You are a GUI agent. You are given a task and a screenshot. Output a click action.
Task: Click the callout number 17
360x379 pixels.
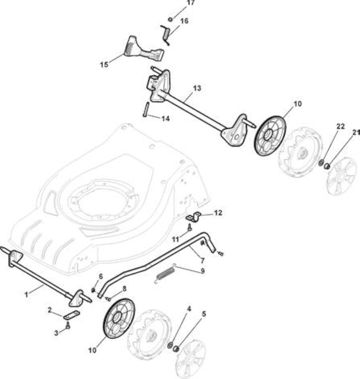pos(191,3)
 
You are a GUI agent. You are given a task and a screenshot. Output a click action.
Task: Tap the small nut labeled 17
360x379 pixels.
pos(170,19)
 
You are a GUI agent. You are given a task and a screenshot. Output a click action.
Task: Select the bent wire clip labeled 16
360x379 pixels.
pos(165,35)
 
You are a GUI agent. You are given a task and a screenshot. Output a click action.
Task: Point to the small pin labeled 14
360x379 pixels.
pos(146,109)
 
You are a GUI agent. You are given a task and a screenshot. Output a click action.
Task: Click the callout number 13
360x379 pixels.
pos(197,88)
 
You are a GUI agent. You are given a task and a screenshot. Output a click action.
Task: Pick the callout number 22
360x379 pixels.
pos(341,126)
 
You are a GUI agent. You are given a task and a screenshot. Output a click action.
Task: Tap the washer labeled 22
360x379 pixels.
pos(322,162)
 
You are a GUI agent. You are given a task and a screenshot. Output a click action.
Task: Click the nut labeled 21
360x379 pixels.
pos(327,166)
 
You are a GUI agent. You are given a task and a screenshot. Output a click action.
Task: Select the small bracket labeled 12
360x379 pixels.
pos(194,217)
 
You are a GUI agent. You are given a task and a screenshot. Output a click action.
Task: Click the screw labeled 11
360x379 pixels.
pos(190,227)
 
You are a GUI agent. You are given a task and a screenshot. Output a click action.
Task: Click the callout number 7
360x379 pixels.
pos(203,260)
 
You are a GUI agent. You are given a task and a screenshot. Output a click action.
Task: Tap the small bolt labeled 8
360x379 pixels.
pos(108,299)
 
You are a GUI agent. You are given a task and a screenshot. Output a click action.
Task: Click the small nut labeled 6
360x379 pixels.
pos(93,289)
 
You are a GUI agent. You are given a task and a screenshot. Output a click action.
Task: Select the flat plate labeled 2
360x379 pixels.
pos(72,315)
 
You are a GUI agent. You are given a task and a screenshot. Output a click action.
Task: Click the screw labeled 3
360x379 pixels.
pos(68,325)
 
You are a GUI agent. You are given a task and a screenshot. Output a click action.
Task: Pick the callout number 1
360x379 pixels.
pos(27,295)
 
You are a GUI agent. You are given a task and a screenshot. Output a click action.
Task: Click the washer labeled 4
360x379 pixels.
pos(170,345)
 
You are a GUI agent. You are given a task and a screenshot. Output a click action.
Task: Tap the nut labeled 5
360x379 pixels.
pos(176,349)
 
